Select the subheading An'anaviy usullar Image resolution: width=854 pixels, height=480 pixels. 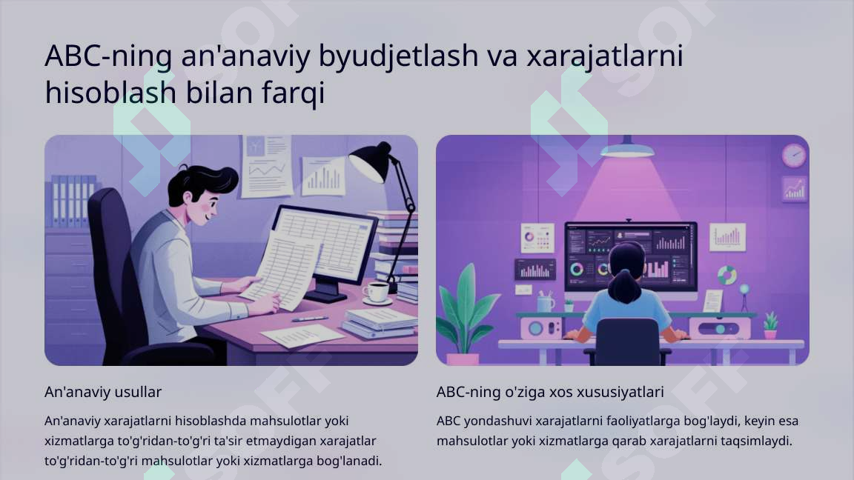(103, 391)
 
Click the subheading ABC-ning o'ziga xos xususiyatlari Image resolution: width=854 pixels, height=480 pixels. (550, 391)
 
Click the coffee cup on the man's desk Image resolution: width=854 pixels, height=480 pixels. (377, 292)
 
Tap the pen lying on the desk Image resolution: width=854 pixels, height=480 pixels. (309, 319)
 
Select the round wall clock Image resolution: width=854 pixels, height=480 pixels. (793, 156)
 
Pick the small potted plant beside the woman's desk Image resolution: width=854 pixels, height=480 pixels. (771, 324)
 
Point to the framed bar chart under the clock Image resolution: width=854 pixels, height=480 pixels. (794, 190)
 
